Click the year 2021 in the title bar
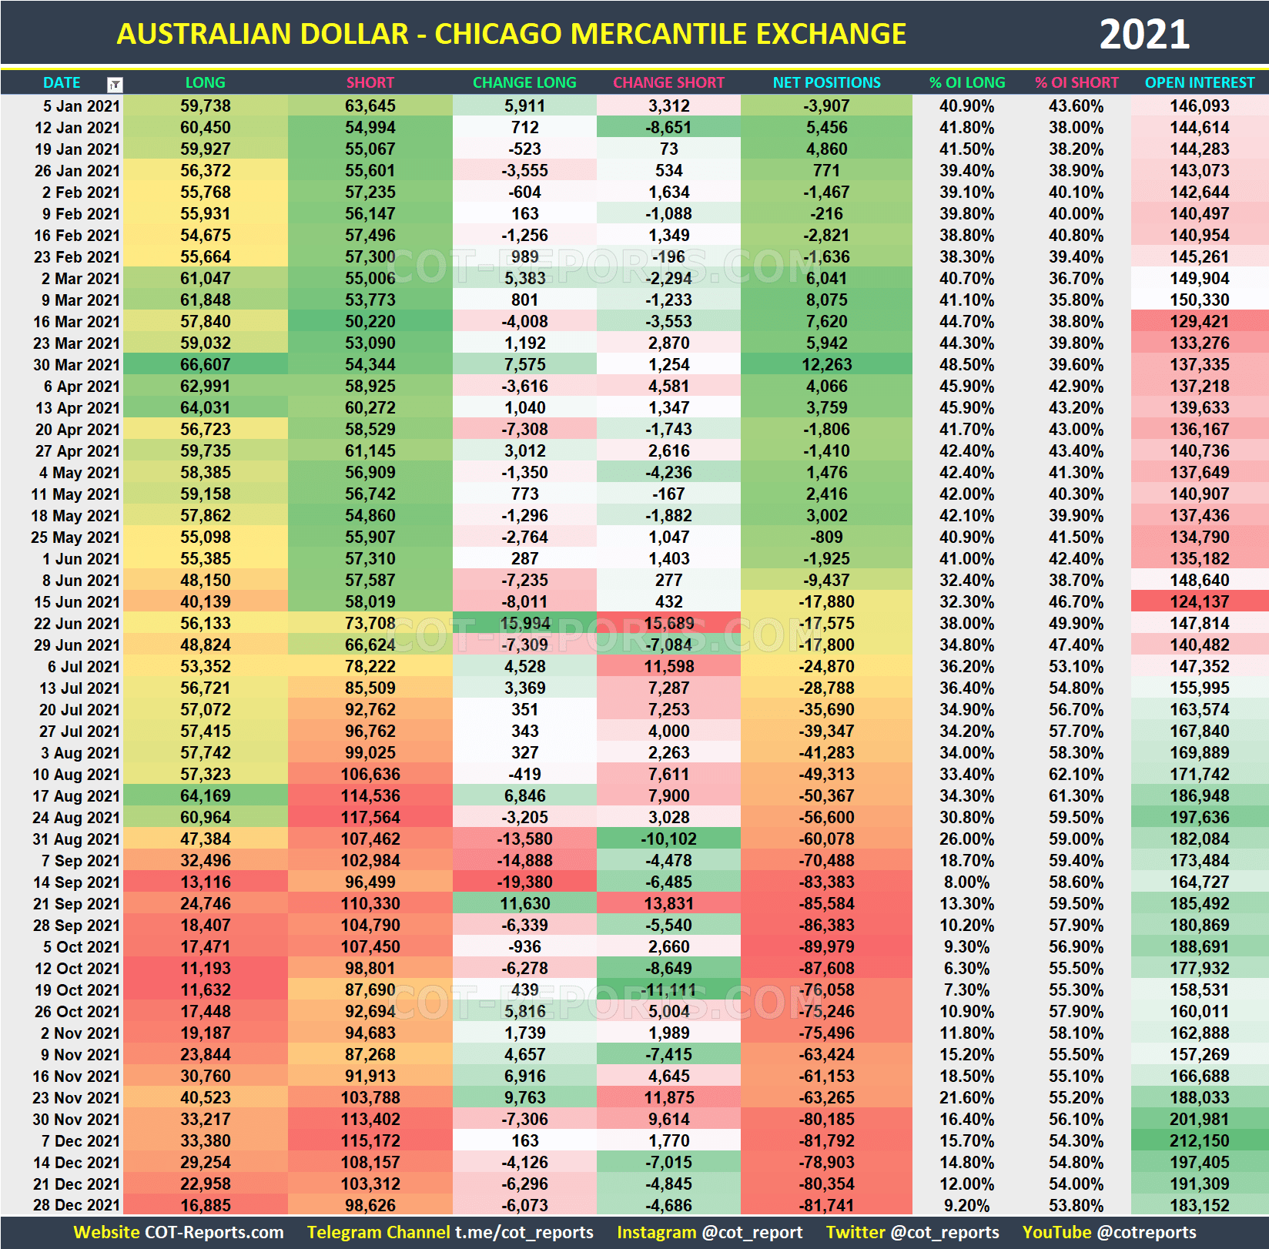pyautogui.click(x=1143, y=35)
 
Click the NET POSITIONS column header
pyautogui.click(x=826, y=82)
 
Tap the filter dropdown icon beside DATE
pyautogui.click(x=115, y=84)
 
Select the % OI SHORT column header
pyautogui.click(x=1076, y=82)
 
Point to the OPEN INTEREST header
pyautogui.click(x=1199, y=82)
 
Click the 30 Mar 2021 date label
pyautogui.click(x=76, y=365)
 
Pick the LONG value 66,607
pyautogui.click(x=206, y=365)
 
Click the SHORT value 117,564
pyautogui.click(x=370, y=818)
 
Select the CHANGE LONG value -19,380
pyautogui.click(x=524, y=882)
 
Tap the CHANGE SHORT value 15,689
pyautogui.click(x=668, y=624)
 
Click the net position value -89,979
pyautogui.click(x=826, y=947)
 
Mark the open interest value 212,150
pyautogui.click(x=1199, y=1141)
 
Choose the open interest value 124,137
pyautogui.click(x=1199, y=602)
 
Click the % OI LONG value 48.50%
pyautogui.click(x=966, y=365)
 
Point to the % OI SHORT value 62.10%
pyautogui.click(x=1076, y=775)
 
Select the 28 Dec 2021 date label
pyautogui.click(x=76, y=1206)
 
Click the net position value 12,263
pyautogui.click(x=826, y=365)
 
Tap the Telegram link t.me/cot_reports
pyautogui.click(x=524, y=1233)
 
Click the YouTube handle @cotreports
pyautogui.click(x=1147, y=1233)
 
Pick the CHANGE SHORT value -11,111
pyautogui.click(x=668, y=990)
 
